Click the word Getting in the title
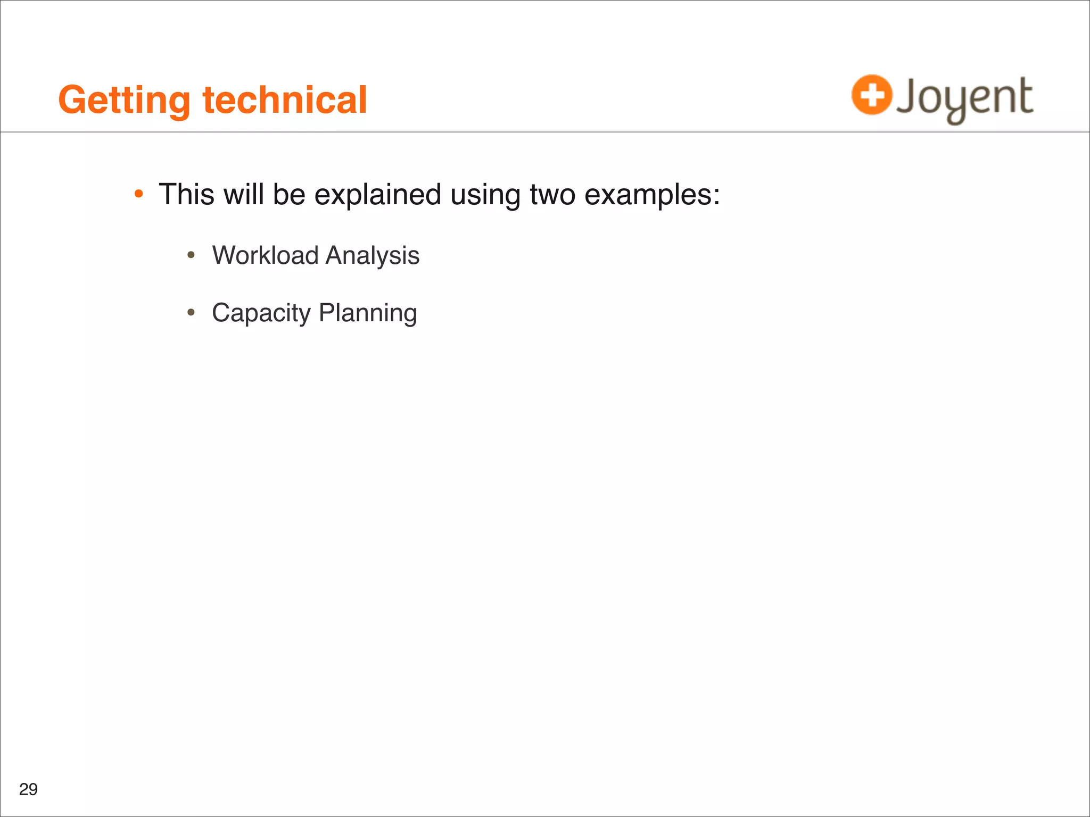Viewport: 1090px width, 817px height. tap(124, 100)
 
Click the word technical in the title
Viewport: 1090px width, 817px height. tap(285, 100)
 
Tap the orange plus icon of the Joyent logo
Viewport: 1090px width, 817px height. tap(871, 95)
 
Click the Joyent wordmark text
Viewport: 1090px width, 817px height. tap(964, 98)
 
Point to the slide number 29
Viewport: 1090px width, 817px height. tap(28, 789)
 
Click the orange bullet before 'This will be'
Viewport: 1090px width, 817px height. tap(138, 194)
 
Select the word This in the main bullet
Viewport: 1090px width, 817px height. tap(186, 194)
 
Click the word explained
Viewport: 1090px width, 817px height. tap(377, 195)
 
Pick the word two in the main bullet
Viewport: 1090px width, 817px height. tap(552, 195)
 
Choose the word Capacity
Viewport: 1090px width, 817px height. tap(261, 313)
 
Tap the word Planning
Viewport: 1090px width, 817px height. tap(368, 313)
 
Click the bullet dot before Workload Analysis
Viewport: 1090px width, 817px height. tap(191, 256)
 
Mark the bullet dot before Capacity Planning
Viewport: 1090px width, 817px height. tap(191, 313)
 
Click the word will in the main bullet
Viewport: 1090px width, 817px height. tap(243, 194)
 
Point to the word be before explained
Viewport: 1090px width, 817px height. tap(289, 194)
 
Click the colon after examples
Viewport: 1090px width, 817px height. tap(716, 196)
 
